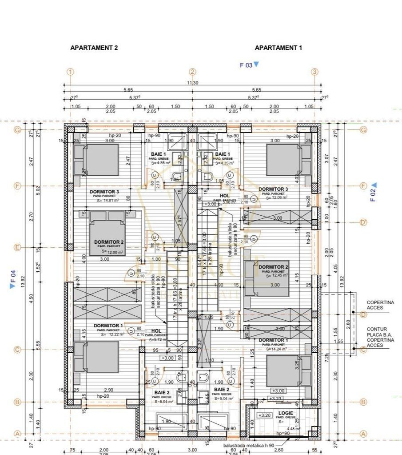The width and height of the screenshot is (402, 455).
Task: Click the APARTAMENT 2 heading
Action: click(x=94, y=48)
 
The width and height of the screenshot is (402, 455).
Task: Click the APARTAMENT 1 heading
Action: click(x=278, y=48)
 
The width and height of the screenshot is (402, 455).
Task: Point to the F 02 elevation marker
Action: click(x=373, y=192)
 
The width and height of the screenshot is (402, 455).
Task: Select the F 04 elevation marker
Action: click(x=13, y=279)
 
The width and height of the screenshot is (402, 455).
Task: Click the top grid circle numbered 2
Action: click(x=192, y=72)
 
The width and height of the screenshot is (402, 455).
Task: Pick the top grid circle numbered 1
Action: click(x=70, y=72)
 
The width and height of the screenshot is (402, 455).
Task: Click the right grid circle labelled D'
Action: click(x=363, y=222)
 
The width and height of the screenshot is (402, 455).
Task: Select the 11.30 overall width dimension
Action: click(x=192, y=83)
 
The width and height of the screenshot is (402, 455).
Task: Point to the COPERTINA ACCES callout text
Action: click(x=380, y=305)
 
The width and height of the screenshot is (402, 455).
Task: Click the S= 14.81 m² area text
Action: click(x=107, y=201)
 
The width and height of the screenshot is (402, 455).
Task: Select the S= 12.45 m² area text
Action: click(x=274, y=276)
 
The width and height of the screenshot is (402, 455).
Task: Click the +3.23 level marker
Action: click(x=275, y=399)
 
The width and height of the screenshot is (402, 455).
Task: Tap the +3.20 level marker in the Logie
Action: click(x=264, y=415)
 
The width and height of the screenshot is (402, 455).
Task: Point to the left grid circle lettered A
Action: click(x=18, y=434)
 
